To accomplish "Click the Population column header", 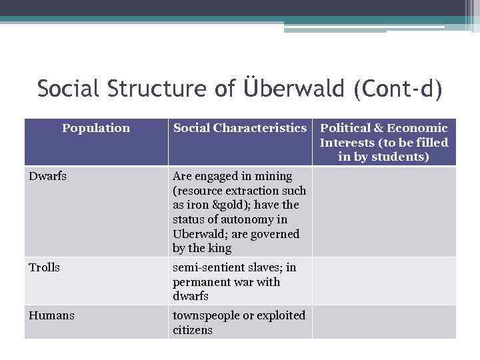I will click(x=96, y=128).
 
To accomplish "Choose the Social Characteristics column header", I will click(x=240, y=128).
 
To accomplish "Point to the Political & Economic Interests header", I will click(x=384, y=142).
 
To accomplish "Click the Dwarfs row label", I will click(x=47, y=177).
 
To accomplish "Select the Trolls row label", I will click(x=44, y=267).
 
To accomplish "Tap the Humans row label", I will click(x=51, y=315).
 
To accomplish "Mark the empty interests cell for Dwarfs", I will click(x=384, y=212).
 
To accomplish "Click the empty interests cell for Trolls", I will click(x=384, y=281).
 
